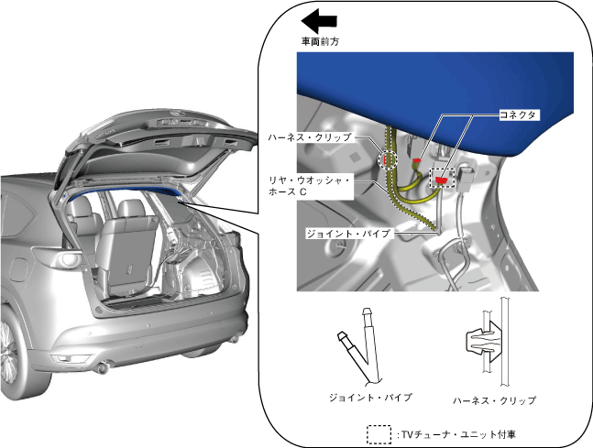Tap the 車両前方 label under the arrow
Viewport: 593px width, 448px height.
(x=320, y=41)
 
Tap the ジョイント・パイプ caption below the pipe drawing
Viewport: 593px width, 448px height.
(x=370, y=398)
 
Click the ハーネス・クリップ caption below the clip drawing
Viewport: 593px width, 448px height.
(x=495, y=400)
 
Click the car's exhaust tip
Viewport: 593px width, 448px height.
(x=104, y=369)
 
